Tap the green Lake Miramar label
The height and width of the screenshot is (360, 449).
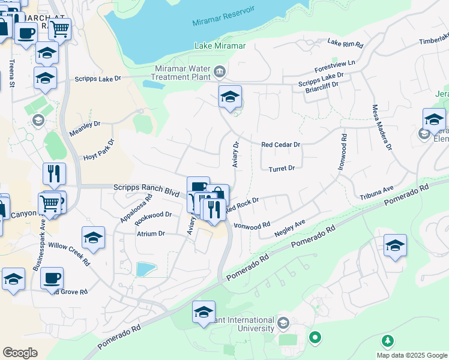[x=220, y=46]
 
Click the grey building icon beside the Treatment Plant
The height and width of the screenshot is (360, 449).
[x=220, y=73]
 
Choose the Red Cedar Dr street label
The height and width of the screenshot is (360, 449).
[x=280, y=145]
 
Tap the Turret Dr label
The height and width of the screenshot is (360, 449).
[x=282, y=169]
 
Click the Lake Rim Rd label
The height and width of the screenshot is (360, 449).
[x=346, y=44]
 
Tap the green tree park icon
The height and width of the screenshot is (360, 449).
[x=388, y=341]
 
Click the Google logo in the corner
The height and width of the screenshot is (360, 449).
[x=20, y=353]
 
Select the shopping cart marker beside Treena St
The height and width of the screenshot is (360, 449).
[x=59, y=28]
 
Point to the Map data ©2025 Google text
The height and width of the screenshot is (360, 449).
[x=411, y=355]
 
